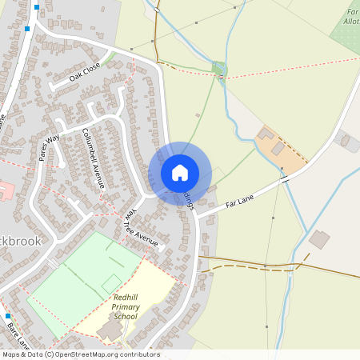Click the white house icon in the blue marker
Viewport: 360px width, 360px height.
(x=180, y=173)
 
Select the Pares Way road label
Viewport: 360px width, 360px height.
(x=50, y=147)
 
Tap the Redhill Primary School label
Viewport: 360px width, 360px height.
(x=126, y=307)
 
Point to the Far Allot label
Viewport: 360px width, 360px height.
(x=351, y=17)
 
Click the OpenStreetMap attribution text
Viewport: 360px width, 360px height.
(x=80, y=354)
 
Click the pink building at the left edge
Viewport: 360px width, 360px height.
(x=4, y=191)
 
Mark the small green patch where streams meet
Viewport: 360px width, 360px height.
(x=220, y=69)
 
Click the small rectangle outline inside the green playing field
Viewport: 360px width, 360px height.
(x=111, y=283)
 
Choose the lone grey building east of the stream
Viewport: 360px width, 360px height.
(x=319, y=238)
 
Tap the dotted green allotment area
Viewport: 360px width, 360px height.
(x=346, y=32)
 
